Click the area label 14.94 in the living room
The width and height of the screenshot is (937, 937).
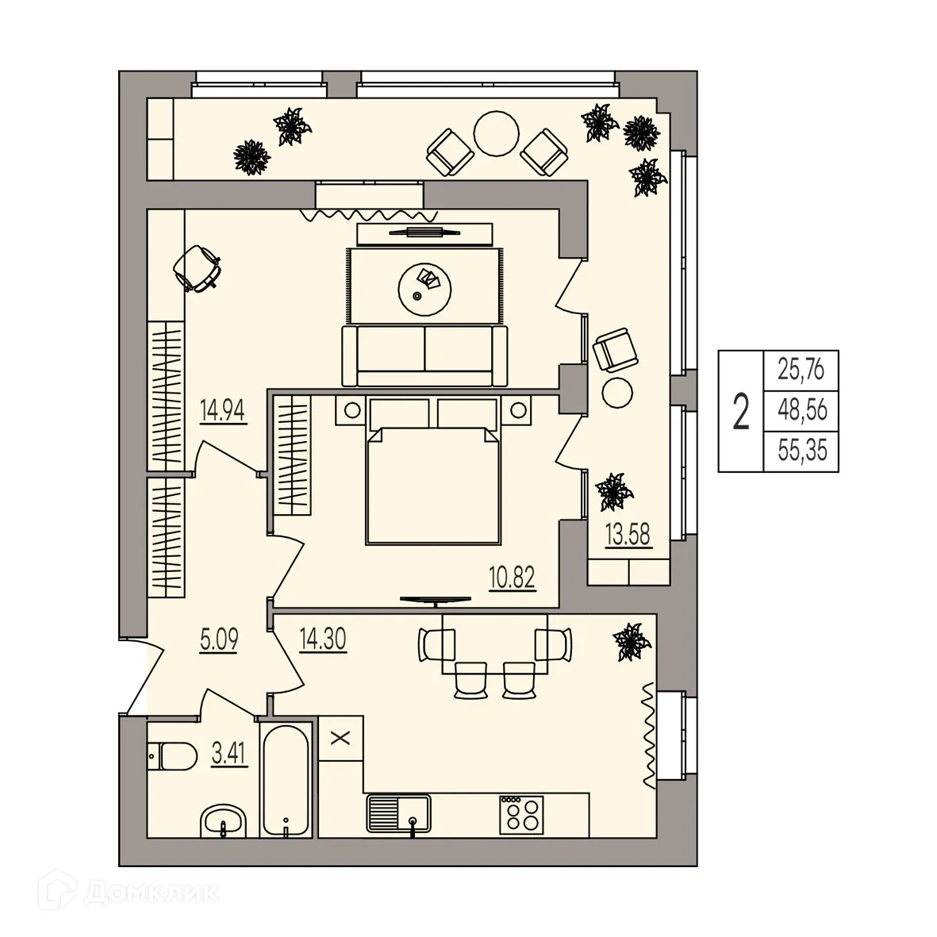click(225, 412)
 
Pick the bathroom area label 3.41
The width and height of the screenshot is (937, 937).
click(229, 752)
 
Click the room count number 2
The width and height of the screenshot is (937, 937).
click(741, 412)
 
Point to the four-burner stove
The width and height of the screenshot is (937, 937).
click(520, 814)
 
